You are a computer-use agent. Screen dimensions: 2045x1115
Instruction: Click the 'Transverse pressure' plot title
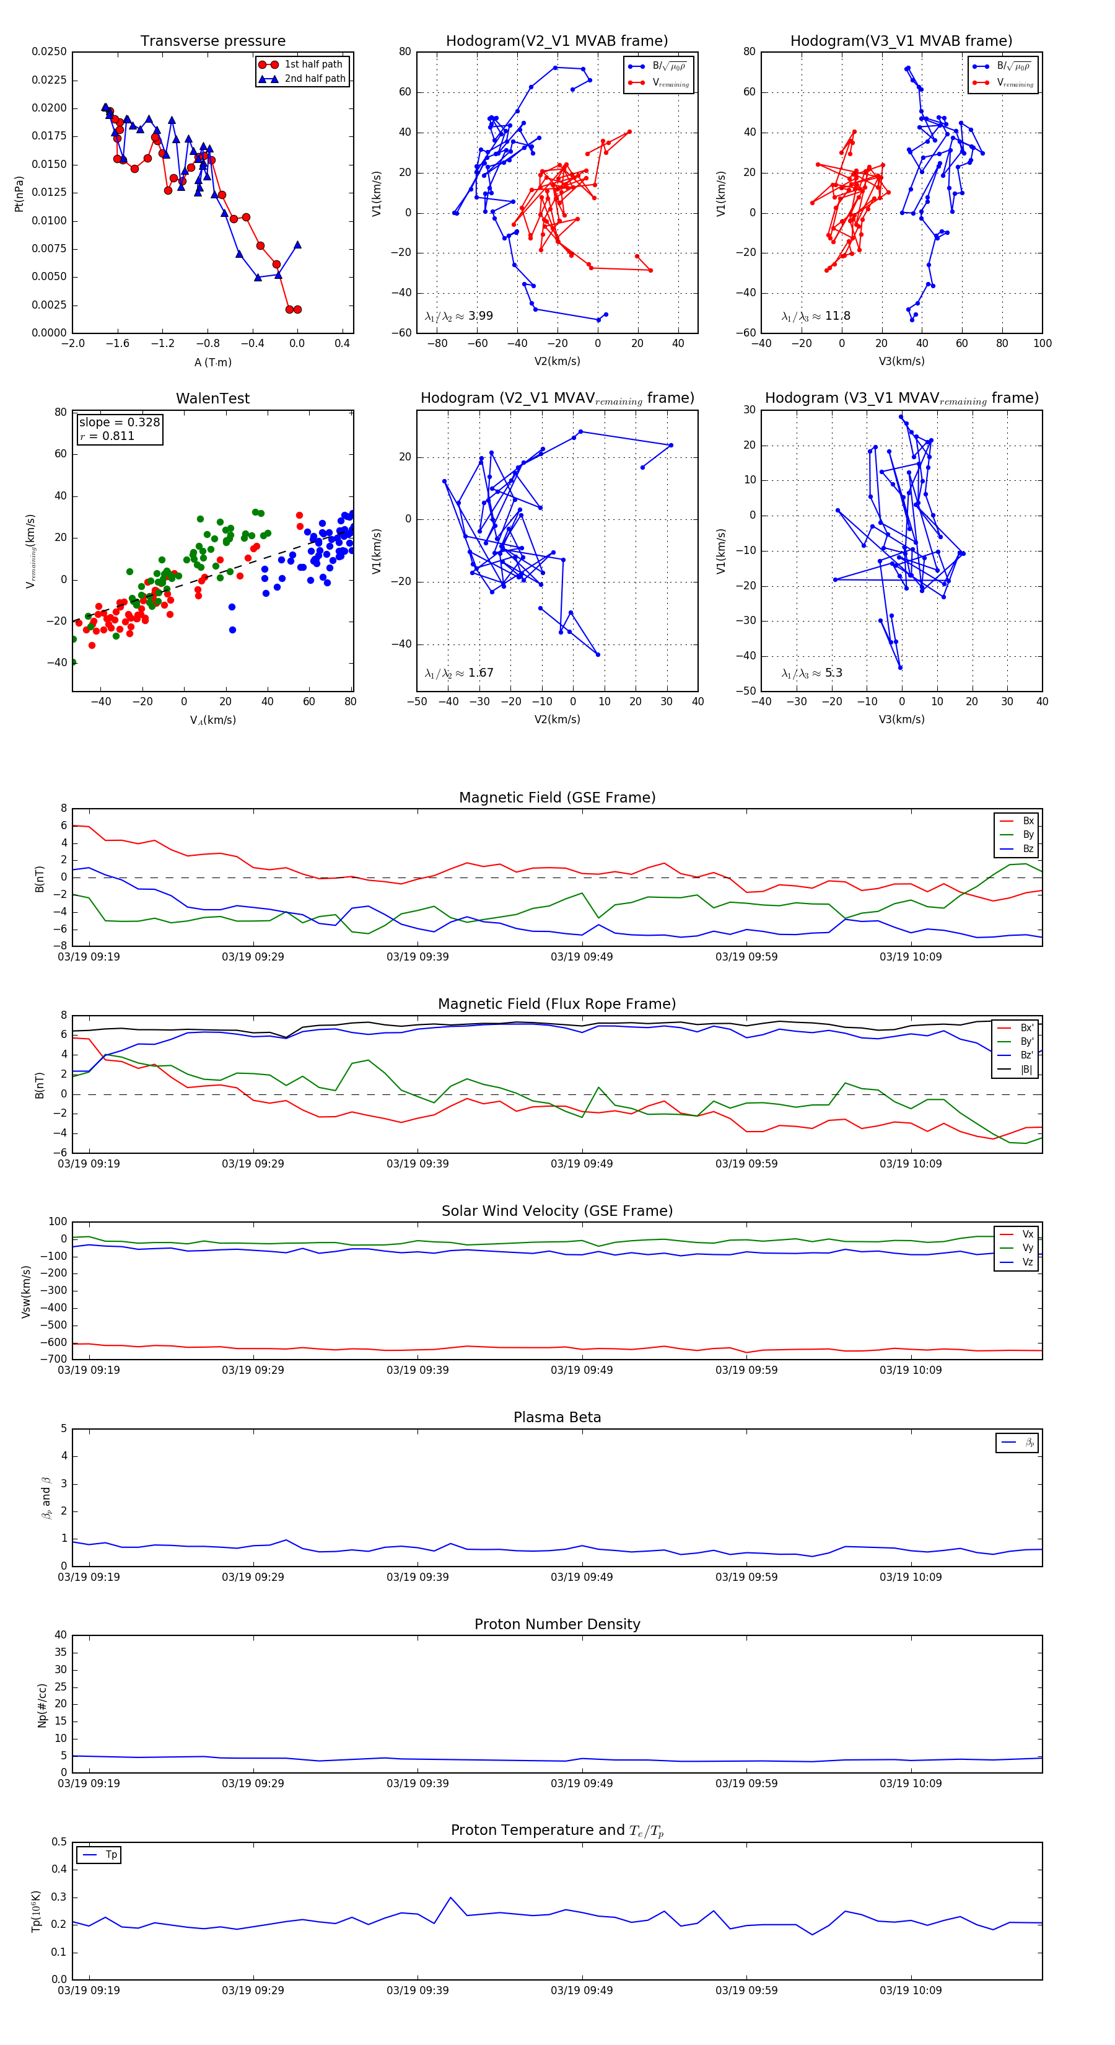point(212,42)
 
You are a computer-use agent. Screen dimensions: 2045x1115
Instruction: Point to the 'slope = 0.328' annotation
point(119,423)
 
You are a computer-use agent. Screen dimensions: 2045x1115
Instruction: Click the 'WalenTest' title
point(212,398)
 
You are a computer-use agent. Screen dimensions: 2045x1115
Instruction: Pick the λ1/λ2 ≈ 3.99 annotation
point(458,316)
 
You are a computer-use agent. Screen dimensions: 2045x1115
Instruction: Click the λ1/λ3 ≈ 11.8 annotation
point(816,316)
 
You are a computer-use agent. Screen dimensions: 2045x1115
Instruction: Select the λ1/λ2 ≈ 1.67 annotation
point(458,673)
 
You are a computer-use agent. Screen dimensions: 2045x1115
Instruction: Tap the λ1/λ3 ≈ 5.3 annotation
point(812,673)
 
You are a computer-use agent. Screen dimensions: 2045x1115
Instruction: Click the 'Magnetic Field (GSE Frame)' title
point(557,798)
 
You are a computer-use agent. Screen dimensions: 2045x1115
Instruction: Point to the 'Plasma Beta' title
point(557,1418)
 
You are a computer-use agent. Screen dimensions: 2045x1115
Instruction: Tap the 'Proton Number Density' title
point(557,1624)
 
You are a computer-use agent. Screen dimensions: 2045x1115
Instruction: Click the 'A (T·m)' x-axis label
point(212,363)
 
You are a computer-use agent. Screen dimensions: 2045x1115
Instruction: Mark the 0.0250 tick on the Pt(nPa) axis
point(49,51)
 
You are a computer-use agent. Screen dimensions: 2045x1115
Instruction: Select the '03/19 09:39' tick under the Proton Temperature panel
point(418,1990)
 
